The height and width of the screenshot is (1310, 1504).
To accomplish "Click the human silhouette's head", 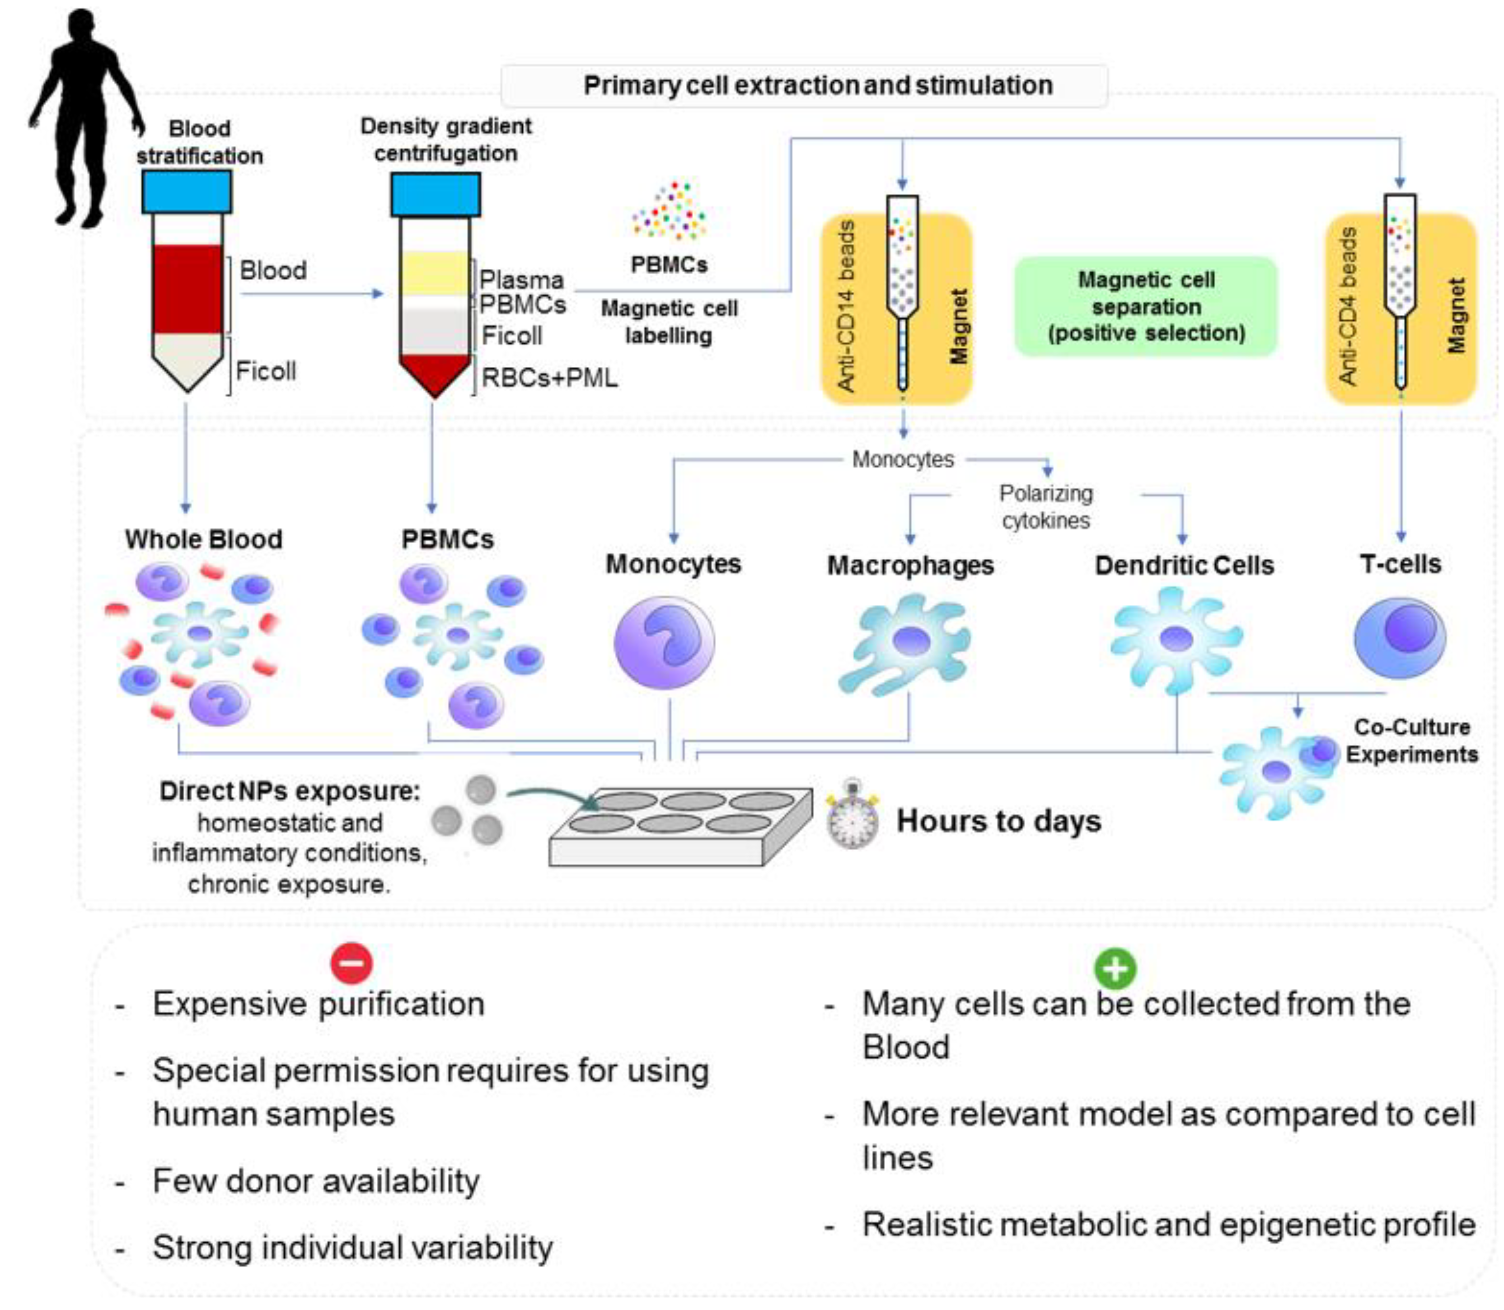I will pos(81,29).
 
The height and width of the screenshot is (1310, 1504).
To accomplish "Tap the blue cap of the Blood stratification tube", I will pos(187,192).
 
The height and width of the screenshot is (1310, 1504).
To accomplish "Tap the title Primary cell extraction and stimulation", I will pos(817,85).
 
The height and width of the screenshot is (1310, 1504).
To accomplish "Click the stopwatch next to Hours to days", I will pos(852,819).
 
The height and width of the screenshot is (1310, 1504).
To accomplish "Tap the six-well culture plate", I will pos(680,826).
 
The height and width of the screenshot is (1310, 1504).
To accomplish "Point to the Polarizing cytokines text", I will pos(1045,506).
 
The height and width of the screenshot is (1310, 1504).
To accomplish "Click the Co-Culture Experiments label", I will pos(1411,740).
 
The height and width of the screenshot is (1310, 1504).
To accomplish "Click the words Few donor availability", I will pos(316,1181).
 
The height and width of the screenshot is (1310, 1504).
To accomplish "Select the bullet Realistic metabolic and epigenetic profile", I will pos(1168,1225).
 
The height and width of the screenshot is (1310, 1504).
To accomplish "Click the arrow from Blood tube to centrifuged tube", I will pos(311,294).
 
